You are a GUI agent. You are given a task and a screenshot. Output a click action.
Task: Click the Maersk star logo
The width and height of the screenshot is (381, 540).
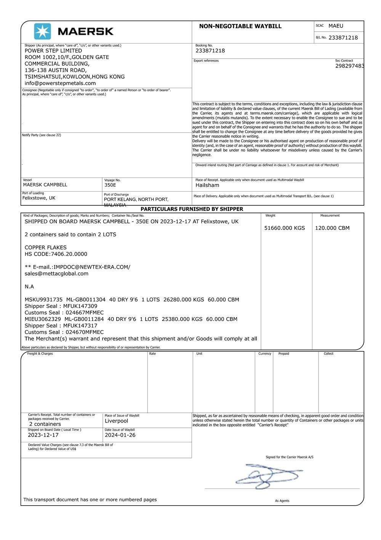click(x=42, y=31)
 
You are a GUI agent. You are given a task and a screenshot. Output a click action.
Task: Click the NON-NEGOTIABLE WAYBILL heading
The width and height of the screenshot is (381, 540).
click(x=240, y=26)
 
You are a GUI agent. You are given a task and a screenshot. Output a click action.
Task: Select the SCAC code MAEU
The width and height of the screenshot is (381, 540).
click(x=336, y=26)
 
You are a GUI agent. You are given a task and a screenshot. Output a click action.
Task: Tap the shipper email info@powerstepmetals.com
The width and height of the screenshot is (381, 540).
click(x=60, y=83)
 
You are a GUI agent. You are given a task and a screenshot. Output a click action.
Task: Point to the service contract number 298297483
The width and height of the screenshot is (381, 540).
click(x=349, y=66)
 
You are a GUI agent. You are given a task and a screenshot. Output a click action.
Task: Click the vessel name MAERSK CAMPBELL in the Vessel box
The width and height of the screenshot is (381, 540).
click(x=45, y=185)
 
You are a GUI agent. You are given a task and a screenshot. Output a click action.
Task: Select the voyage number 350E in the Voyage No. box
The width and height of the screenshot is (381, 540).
click(x=110, y=185)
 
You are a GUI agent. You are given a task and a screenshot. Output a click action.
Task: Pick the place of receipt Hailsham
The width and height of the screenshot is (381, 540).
click(x=207, y=185)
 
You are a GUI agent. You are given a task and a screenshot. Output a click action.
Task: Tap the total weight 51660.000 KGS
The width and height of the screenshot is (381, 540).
click(x=285, y=228)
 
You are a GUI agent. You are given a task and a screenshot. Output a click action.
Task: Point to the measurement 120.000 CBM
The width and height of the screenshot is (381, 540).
click(x=332, y=228)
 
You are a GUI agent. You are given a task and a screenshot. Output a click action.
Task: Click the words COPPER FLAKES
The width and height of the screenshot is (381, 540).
click(x=46, y=247)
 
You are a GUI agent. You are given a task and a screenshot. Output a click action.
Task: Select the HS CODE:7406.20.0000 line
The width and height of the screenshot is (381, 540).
click(x=56, y=254)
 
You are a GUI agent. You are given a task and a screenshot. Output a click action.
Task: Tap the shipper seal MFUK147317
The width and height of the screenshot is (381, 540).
click(x=80, y=326)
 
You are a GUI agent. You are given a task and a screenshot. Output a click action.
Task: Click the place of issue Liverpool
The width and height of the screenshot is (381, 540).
click(x=117, y=421)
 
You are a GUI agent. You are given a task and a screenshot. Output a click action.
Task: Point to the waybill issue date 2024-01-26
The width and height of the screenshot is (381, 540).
click(x=120, y=435)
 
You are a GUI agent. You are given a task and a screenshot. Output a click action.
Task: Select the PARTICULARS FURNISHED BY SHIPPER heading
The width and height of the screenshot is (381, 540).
click(x=192, y=209)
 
